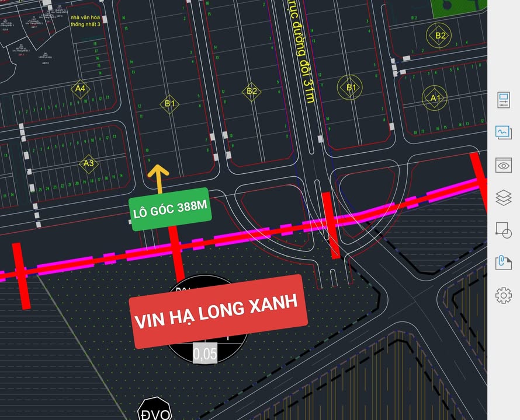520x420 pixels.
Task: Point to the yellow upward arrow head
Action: (x=158, y=171)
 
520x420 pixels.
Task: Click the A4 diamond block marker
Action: (x=81, y=89)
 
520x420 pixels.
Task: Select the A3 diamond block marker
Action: (x=89, y=163)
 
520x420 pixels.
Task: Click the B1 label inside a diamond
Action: (x=170, y=104)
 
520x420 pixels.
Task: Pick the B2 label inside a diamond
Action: (x=252, y=91)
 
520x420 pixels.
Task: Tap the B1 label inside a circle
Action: (x=351, y=87)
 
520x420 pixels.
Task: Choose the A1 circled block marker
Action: (x=435, y=98)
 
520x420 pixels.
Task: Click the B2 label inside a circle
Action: (x=440, y=36)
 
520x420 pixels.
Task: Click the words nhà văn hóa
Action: (x=86, y=17)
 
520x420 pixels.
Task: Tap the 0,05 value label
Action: (x=204, y=353)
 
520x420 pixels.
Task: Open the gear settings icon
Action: (x=503, y=295)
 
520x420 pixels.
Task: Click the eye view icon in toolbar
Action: (x=503, y=165)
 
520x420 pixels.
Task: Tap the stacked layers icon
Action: (x=503, y=198)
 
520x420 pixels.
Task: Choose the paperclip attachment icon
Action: (x=503, y=262)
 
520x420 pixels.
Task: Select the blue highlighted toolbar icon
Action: (x=503, y=132)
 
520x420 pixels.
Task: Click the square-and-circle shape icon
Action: (x=503, y=230)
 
